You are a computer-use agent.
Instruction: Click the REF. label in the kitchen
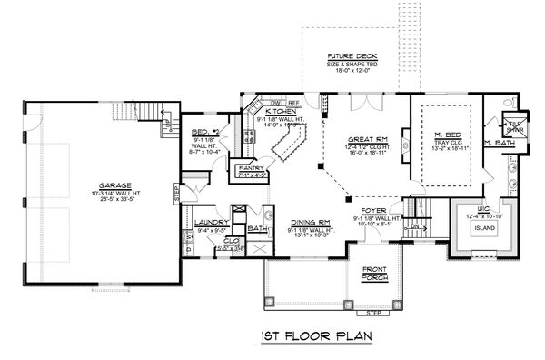(295, 103)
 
